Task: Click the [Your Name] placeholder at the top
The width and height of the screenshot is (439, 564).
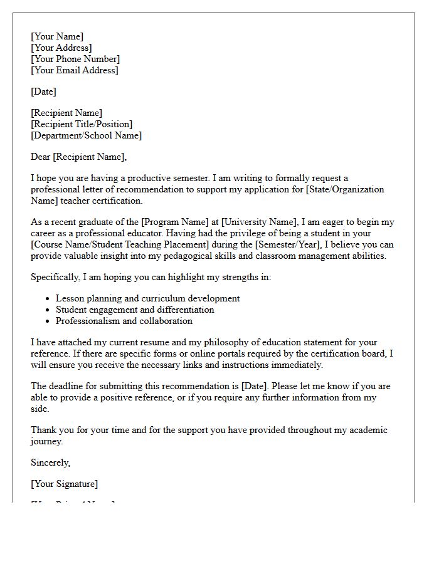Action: tap(57, 36)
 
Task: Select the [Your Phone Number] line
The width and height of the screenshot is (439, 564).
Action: tap(75, 59)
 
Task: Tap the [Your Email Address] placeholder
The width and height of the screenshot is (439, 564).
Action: tap(74, 70)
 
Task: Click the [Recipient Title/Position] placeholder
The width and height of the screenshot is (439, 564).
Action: tap(82, 124)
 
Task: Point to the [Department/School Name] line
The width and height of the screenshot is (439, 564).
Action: tap(86, 135)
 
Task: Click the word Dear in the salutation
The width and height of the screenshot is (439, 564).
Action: tap(41, 157)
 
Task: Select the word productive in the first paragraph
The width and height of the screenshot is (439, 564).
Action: tap(157, 178)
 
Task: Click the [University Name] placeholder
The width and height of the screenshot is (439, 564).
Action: tap(258, 222)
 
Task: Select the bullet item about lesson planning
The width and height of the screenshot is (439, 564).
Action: tap(147, 298)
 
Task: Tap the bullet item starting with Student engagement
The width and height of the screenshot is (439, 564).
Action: tap(135, 310)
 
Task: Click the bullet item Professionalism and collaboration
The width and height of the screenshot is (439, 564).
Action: tap(124, 321)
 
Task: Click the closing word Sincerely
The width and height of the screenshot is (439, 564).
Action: tap(51, 462)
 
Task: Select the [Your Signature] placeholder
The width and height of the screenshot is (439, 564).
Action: tap(64, 484)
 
